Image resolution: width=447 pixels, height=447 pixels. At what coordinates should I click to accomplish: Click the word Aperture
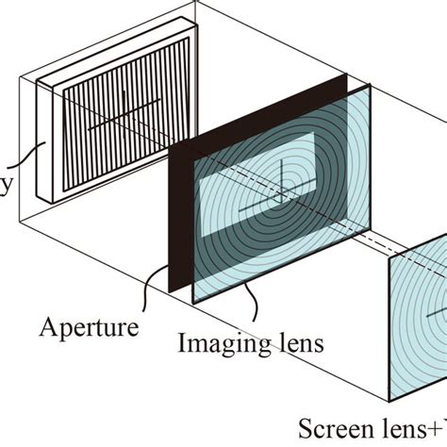click(90, 327)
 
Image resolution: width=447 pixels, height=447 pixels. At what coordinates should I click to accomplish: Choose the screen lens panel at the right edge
click(420, 330)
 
